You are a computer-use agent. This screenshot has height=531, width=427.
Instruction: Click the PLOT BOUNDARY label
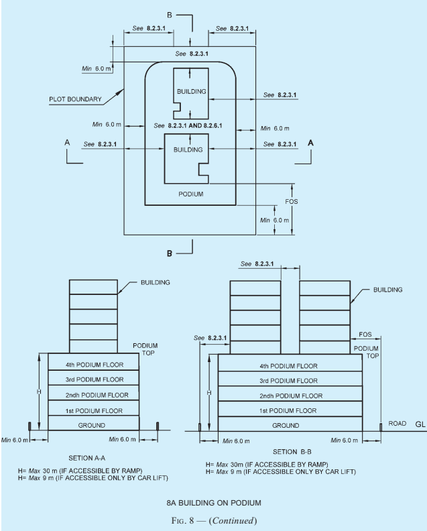pos(75,99)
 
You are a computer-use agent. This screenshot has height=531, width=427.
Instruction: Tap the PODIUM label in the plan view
pos(191,194)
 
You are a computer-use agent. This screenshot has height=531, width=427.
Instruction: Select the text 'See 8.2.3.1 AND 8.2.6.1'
pos(188,125)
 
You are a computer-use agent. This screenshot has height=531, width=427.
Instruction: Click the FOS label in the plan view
pos(291,202)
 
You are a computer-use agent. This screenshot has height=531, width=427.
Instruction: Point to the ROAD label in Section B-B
pos(398,423)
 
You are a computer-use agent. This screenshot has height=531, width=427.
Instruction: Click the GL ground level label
pos(420,424)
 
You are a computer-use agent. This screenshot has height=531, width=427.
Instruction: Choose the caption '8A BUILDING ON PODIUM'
pos(214,503)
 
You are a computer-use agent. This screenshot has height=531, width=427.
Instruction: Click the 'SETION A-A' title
pos(86,458)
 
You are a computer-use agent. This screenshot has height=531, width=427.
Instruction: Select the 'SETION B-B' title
pos(292,452)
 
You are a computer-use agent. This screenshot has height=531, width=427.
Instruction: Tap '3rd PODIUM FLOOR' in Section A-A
pos(95,379)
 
